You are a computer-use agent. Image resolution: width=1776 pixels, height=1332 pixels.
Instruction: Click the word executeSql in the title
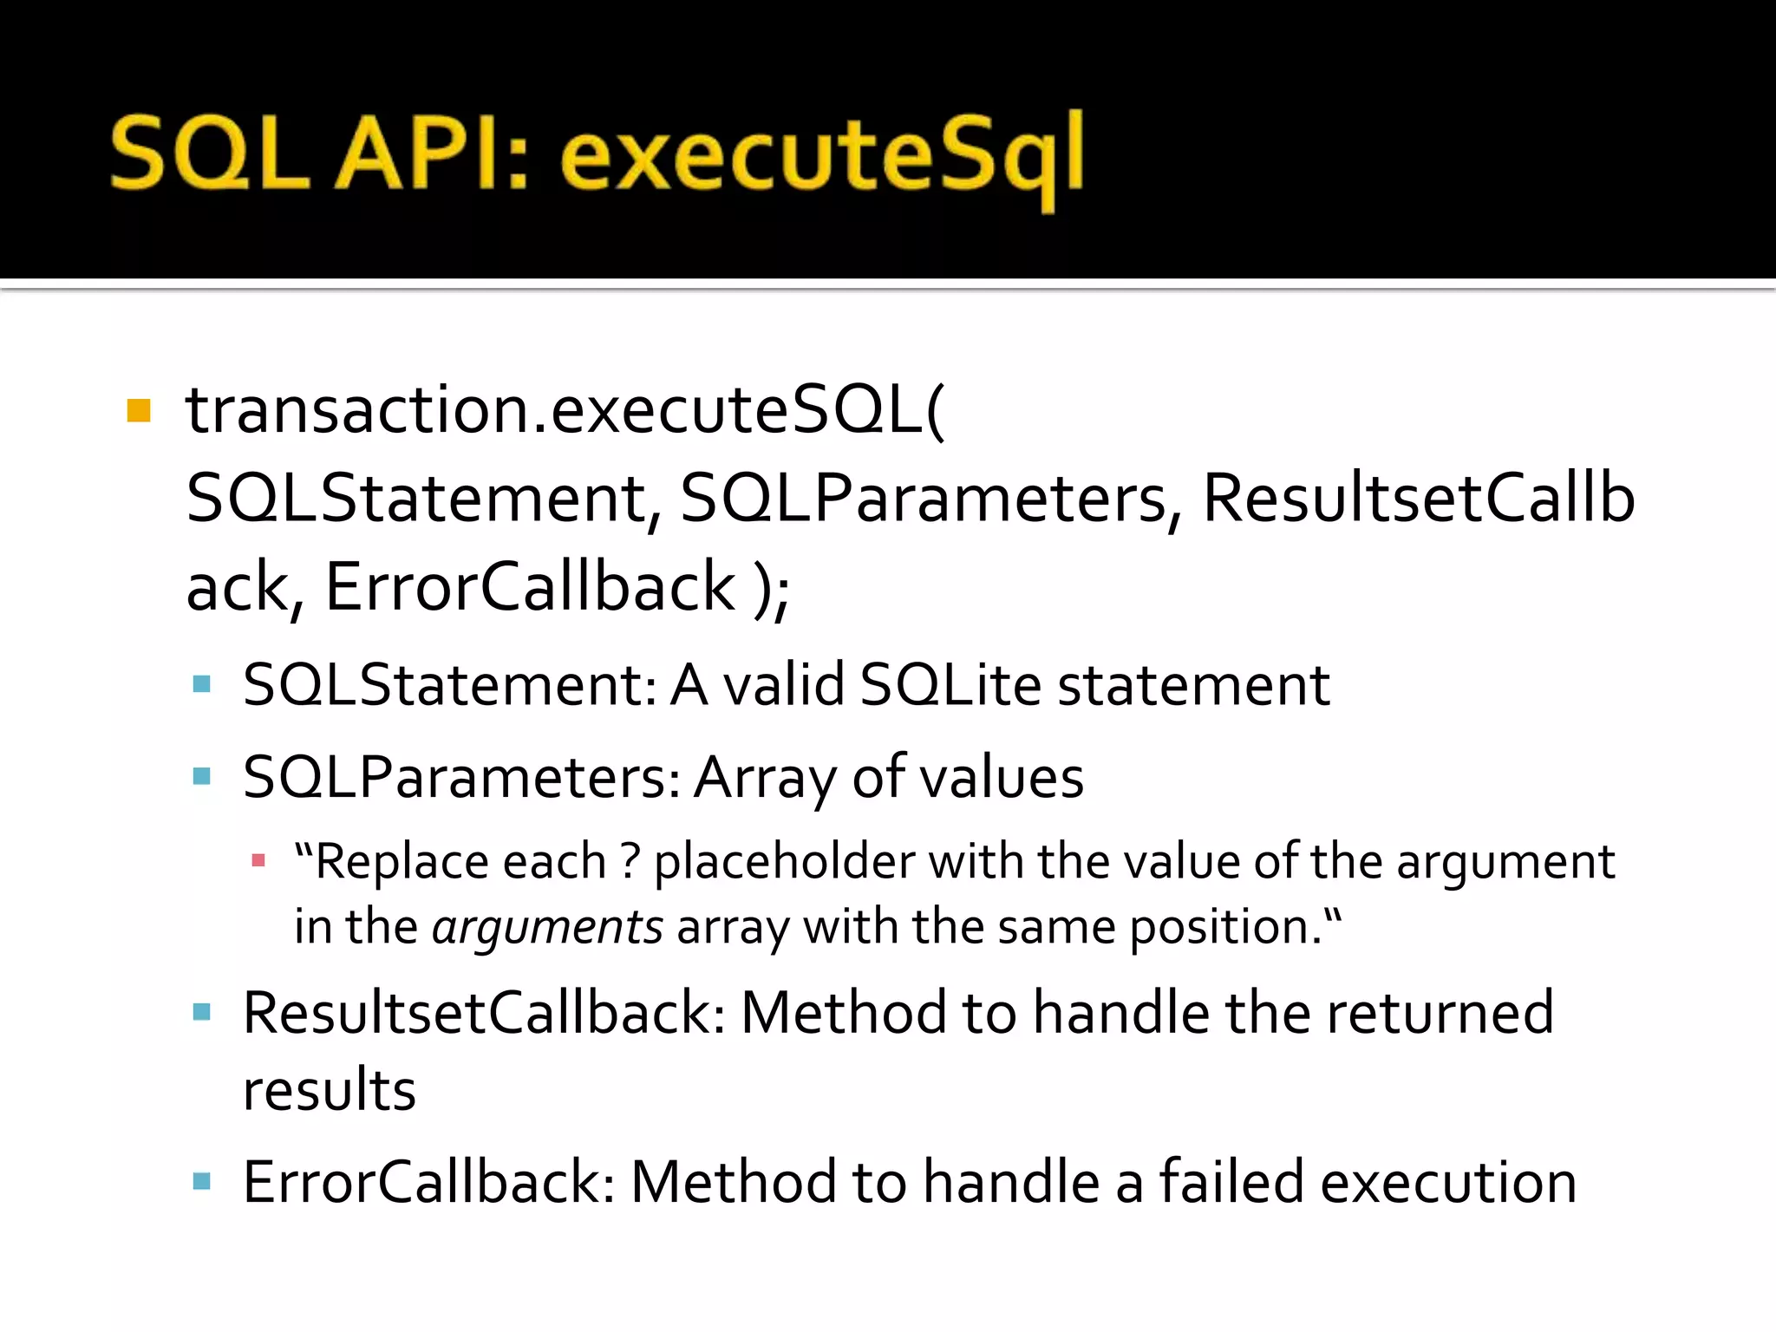[x=822, y=156]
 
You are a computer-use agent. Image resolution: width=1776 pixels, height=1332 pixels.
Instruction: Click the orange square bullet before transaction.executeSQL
[x=139, y=410]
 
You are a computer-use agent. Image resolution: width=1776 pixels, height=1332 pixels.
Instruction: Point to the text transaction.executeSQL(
[x=565, y=409]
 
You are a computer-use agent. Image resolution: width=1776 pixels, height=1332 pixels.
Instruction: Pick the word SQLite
[x=950, y=685]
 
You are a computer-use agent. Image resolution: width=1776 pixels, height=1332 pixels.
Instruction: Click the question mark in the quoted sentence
[x=630, y=862]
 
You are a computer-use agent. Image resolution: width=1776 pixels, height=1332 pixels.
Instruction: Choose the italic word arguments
[x=547, y=927]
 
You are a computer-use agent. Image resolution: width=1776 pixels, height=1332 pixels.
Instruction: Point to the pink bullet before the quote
[x=258, y=861]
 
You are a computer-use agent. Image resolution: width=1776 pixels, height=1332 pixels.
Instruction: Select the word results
[x=330, y=1090]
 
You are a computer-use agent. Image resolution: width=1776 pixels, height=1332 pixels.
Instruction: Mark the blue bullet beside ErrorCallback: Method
[x=202, y=1181]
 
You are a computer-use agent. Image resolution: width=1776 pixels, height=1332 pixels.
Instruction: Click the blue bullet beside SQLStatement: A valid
[x=202, y=684]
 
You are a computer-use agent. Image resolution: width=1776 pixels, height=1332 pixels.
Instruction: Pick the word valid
[x=784, y=685]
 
